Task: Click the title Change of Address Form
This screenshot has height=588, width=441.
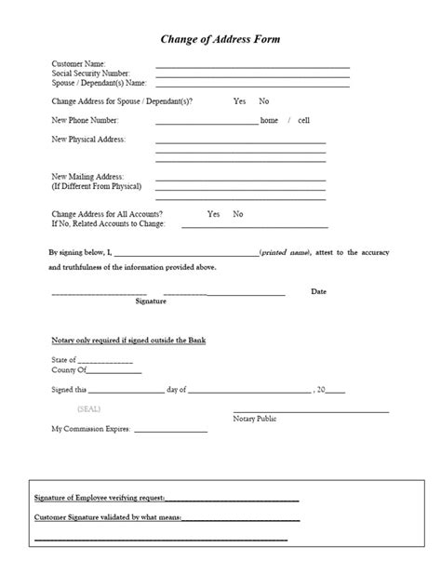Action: pos(220,39)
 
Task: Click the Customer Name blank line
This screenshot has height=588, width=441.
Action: pos(252,68)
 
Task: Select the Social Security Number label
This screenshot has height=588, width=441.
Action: pos(91,73)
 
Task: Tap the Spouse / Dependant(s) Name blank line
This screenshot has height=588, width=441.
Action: pos(252,87)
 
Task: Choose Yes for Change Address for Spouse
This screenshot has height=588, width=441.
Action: pos(239,100)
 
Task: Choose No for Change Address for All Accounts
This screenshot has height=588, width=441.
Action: pos(238,214)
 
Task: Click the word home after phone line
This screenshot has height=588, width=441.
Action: pos(269,120)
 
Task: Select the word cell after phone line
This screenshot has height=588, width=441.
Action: pos(304,120)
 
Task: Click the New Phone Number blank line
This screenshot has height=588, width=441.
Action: pos(207,123)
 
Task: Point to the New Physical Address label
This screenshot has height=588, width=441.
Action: pos(88,139)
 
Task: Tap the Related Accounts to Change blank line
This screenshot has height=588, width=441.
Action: pos(254,226)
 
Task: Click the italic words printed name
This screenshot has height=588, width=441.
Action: pos(287,252)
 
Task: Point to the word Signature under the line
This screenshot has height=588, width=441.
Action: pos(151,301)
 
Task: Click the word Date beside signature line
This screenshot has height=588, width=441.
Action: pos(318,291)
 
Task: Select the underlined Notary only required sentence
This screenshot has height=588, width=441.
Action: pos(128,341)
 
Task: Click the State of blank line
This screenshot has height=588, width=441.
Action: pos(105,361)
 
